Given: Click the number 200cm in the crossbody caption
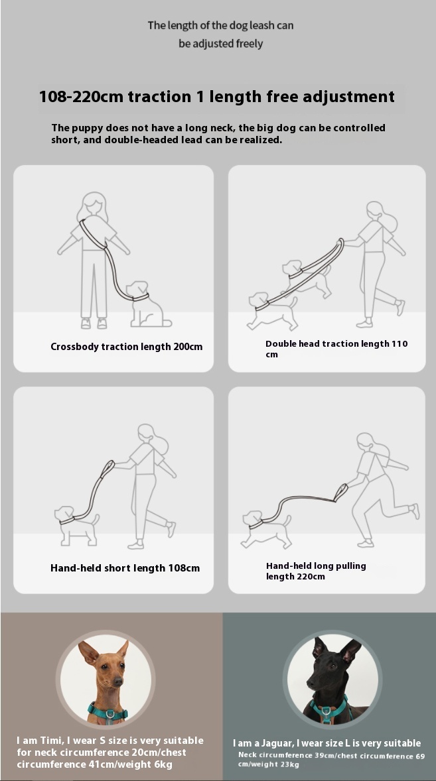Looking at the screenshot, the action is [x=188, y=347].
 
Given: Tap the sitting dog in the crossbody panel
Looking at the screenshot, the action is [x=147, y=304].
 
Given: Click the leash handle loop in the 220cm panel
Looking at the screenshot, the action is [x=341, y=492].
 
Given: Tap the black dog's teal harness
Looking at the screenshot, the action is [x=330, y=709].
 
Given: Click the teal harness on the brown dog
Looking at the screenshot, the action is [x=108, y=711].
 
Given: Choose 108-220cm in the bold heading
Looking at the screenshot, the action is [x=81, y=96].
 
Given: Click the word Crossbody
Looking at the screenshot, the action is [x=74, y=347].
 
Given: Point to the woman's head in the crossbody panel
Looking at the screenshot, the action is [x=94, y=206].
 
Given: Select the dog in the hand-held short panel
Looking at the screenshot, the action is [x=77, y=526].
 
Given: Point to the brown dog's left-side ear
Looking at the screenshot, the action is [x=88, y=652].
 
